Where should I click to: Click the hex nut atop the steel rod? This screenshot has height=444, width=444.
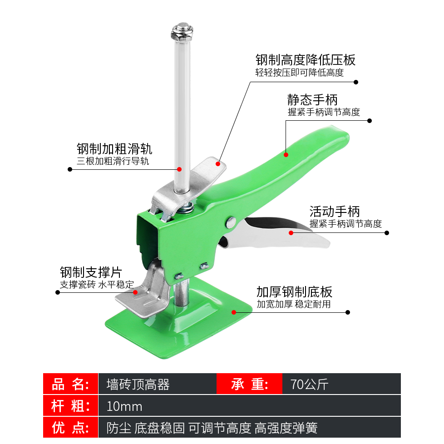click(x=182, y=32)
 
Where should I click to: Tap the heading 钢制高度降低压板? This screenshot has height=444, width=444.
click(x=305, y=60)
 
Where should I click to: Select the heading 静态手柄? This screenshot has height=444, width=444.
click(x=312, y=100)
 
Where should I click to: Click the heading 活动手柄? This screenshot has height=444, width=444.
click(x=335, y=212)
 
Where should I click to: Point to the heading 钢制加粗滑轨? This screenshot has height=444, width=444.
click(x=114, y=148)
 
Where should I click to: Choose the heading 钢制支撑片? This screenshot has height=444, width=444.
click(x=91, y=272)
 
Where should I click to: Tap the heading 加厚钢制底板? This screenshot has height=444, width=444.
click(x=294, y=291)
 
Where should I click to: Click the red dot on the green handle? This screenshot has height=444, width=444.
click(x=286, y=155)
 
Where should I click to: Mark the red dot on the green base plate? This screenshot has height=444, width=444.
click(x=234, y=312)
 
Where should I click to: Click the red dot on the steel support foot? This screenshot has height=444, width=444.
click(x=135, y=292)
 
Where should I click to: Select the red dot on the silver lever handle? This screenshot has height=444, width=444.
click(x=291, y=233)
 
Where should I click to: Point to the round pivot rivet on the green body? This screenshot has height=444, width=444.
click(x=231, y=222)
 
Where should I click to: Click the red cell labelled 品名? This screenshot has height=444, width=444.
click(x=70, y=384)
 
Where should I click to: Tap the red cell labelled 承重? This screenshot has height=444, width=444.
click(x=250, y=384)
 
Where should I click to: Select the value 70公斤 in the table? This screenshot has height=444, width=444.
click(x=310, y=385)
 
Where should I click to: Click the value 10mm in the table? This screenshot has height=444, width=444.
click(x=124, y=407)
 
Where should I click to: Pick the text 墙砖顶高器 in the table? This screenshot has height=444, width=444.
click(x=138, y=385)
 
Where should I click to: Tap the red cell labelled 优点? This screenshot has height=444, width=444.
click(x=70, y=427)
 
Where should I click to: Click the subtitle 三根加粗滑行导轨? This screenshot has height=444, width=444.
click(x=113, y=161)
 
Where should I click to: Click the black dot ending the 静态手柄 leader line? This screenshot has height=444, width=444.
click(x=370, y=121)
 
